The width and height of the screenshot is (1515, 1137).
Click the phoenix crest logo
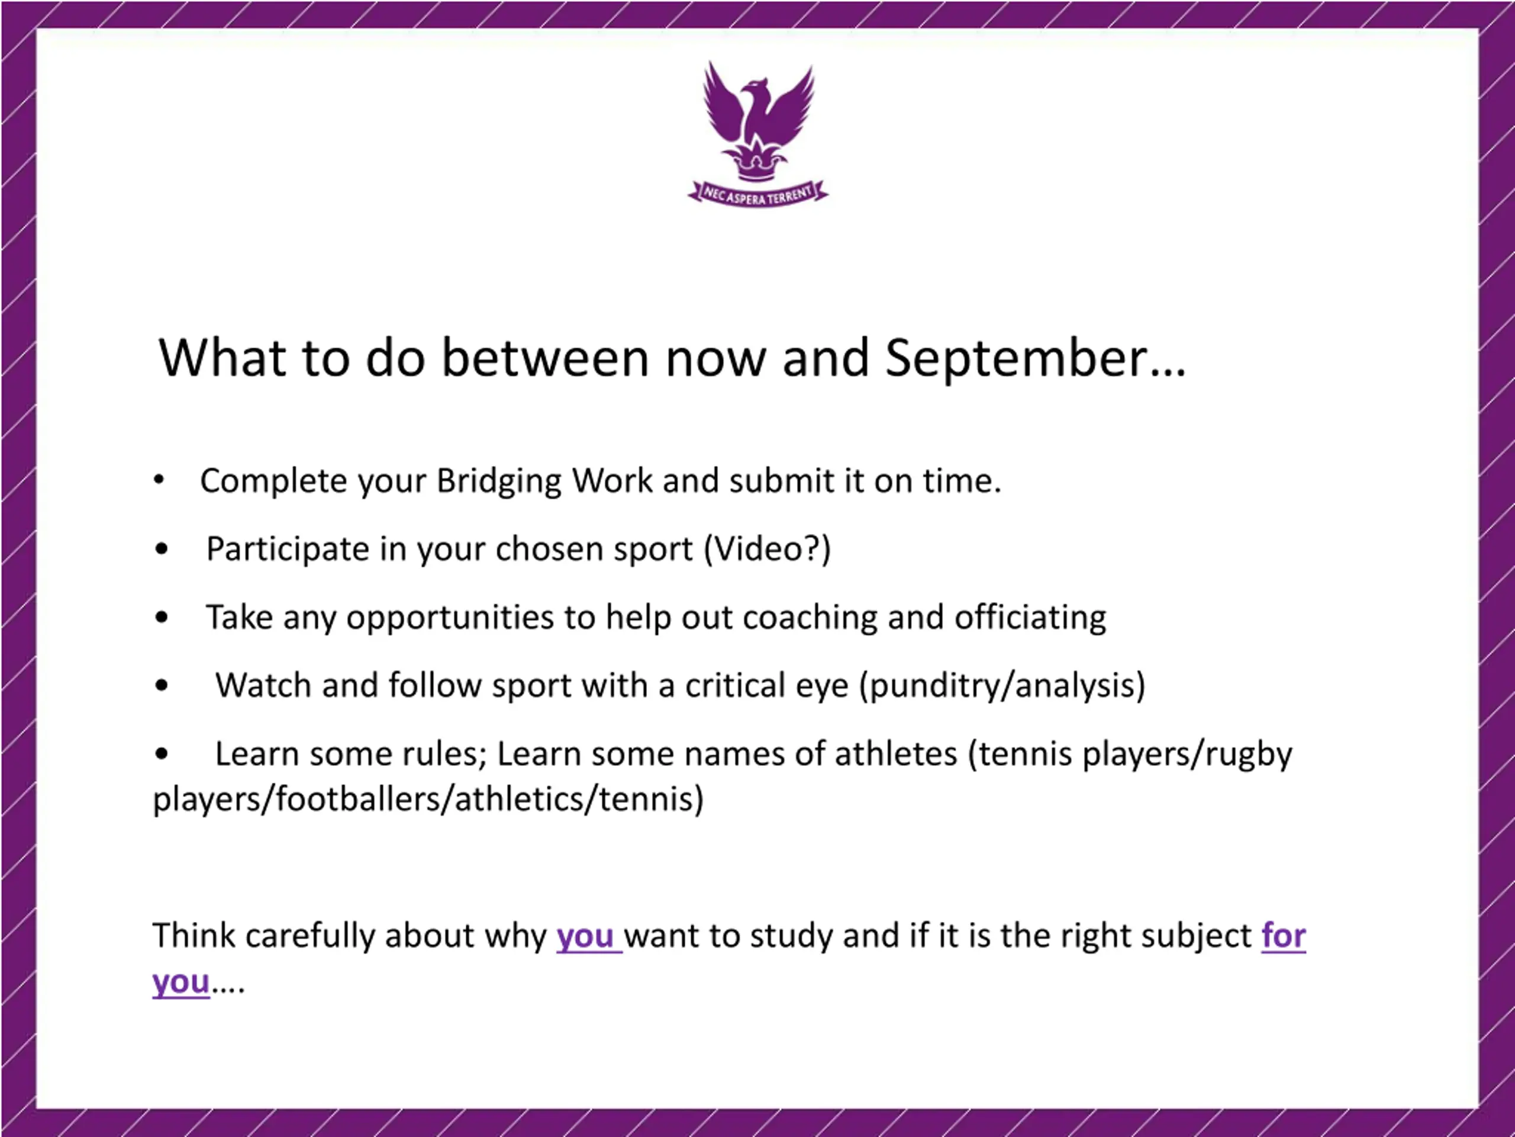coord(757,134)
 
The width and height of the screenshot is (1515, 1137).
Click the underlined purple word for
coord(1284,936)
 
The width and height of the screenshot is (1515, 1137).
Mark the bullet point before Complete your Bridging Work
coord(159,480)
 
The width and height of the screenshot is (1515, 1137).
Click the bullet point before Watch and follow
coord(162,685)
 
